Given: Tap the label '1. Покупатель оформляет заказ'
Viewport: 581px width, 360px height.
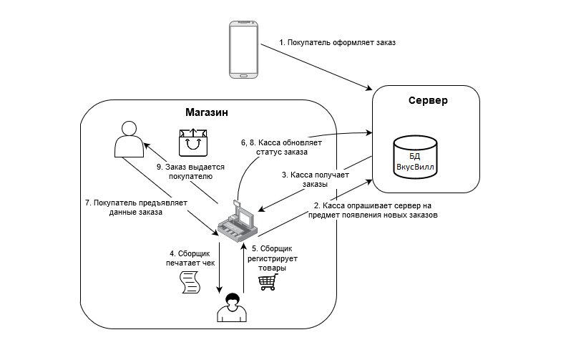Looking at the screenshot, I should (337, 42).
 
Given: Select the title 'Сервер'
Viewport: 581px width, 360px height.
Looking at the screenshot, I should (428, 100).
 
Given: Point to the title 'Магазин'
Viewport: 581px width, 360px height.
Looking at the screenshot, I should (207, 112).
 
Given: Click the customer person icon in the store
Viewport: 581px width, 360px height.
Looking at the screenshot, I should (129, 139).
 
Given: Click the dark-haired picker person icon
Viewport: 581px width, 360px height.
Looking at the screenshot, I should (231, 308).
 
